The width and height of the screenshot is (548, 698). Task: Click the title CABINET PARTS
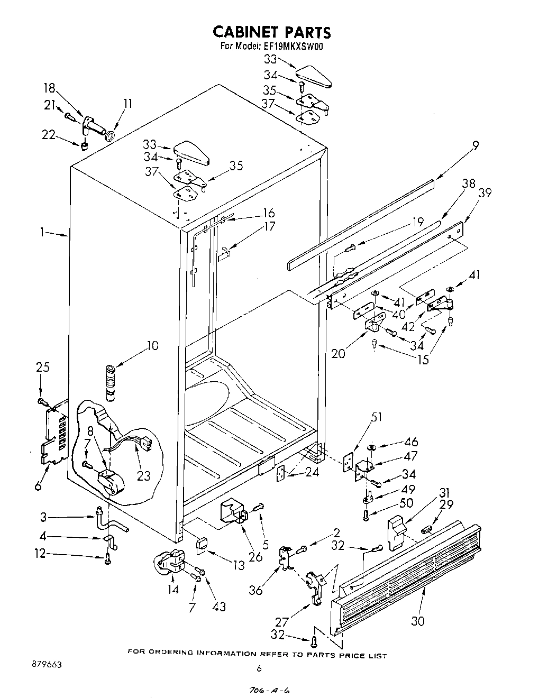coord(271,32)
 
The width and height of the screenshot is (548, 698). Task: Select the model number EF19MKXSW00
coord(294,46)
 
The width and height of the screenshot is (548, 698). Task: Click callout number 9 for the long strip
coord(476,145)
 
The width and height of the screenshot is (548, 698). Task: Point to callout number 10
coord(152,346)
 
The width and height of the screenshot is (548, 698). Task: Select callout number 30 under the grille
coord(418,621)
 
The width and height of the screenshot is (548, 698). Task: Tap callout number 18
coord(50,88)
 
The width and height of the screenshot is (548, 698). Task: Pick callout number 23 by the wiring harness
coord(143,475)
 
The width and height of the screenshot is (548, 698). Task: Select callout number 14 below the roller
coord(173,589)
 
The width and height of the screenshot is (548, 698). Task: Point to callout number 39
coord(485,192)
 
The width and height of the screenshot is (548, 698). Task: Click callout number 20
coord(339,353)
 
